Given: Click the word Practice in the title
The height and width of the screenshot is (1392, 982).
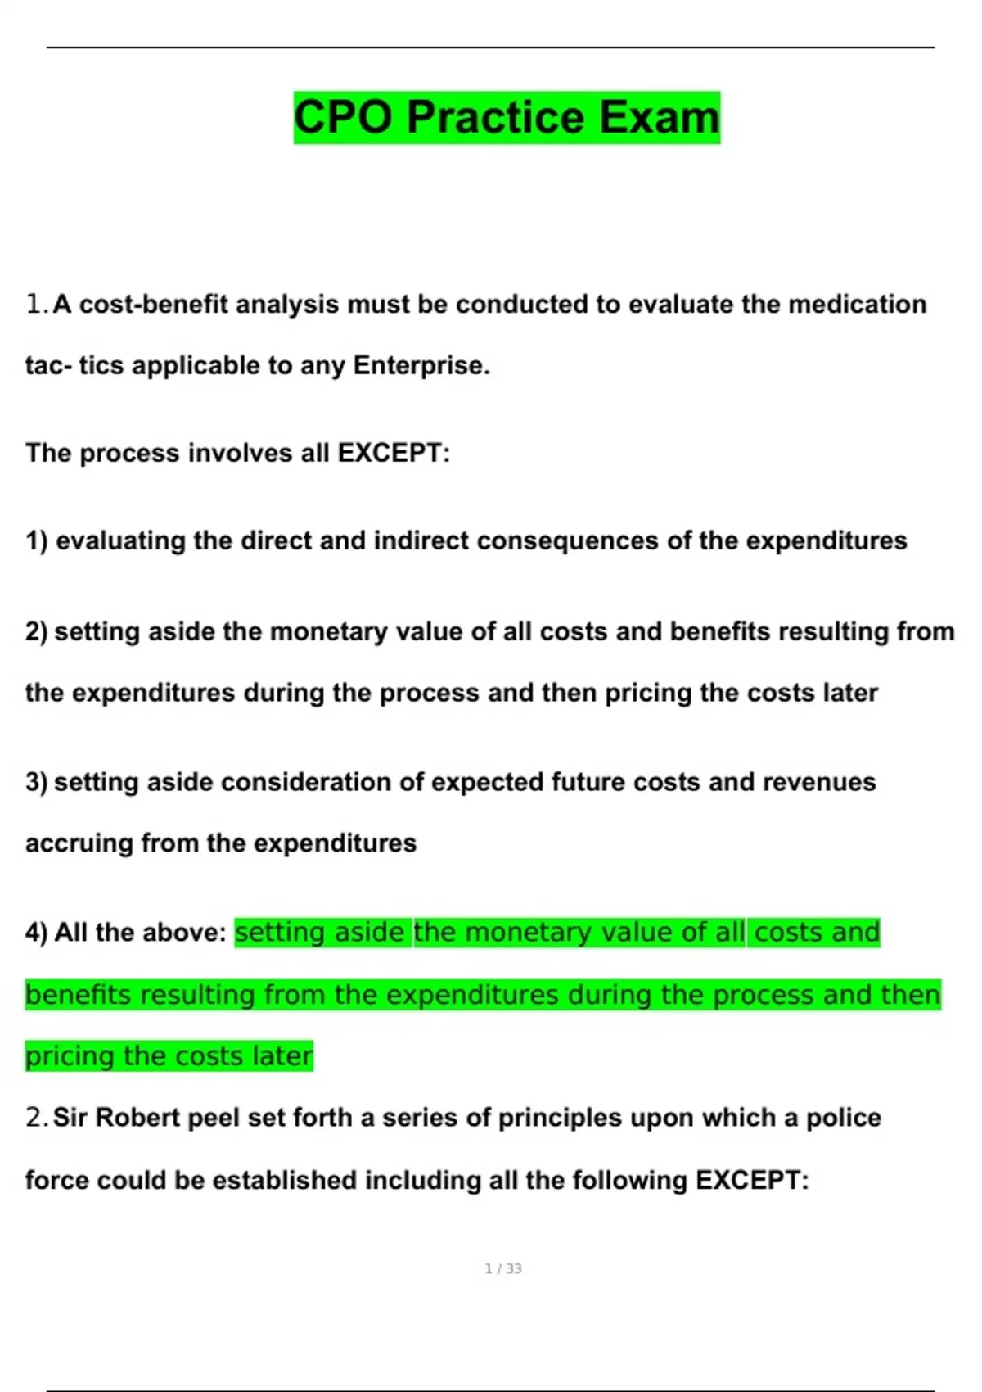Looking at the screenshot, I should point(495,117).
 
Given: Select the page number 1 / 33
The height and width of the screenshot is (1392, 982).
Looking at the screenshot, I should point(503,1268).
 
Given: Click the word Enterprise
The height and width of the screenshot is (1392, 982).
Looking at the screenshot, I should point(421,365).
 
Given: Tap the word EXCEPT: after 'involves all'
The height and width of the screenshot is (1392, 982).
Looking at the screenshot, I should point(394,453).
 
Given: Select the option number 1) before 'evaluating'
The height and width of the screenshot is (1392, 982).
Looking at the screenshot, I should point(37,541).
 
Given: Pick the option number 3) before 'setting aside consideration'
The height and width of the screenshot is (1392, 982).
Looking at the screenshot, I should point(37,782).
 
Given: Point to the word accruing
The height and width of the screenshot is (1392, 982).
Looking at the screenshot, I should point(79,843).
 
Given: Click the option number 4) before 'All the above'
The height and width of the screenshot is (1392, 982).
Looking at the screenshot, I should point(37,933).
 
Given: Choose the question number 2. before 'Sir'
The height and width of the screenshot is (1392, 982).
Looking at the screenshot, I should point(37,1118).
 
